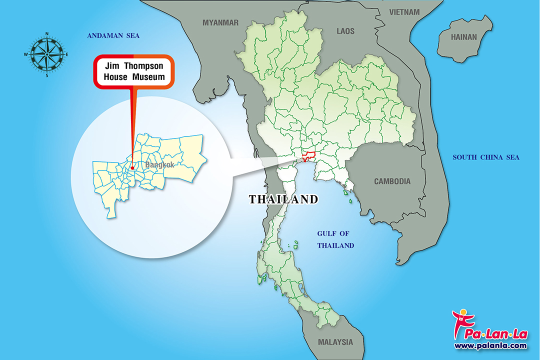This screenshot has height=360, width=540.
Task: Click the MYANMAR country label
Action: pos(220,22)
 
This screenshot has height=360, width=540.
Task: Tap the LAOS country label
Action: pos(345,31)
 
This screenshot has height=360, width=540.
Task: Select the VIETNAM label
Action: pos(404,11)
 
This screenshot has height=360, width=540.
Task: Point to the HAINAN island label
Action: pos(464,37)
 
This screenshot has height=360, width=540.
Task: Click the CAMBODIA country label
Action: pos(392,181)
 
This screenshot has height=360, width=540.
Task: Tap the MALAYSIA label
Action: pos(335,342)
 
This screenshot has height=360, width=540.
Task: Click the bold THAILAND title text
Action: pos(283,199)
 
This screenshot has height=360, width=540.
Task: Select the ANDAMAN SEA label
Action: pos(113,36)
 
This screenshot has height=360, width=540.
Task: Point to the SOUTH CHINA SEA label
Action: pos(486,157)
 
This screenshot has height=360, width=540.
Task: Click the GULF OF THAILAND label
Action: pos(336,239)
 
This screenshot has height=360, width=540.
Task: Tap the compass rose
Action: pos(46,54)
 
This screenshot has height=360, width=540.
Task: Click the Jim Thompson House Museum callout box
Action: pos(133,71)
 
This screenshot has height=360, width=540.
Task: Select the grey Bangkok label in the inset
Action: pos(159,164)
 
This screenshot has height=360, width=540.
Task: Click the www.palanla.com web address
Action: pos(490,345)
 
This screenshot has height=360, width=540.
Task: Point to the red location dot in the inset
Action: pos(132,168)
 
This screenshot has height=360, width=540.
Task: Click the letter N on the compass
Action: pos(46,34)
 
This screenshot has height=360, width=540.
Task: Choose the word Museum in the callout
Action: pos(148,77)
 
